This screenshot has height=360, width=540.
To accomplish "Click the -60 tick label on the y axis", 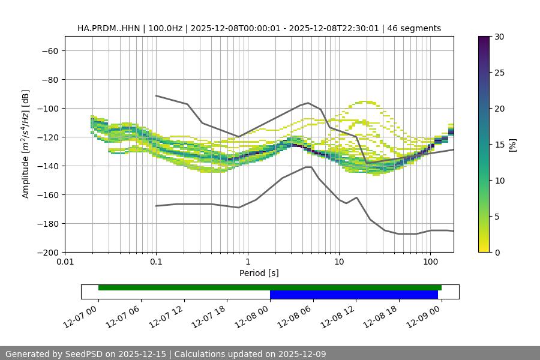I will (49, 50).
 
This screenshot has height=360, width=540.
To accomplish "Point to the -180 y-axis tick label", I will (46, 223).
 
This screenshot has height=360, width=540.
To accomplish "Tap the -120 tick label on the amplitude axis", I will (46, 137).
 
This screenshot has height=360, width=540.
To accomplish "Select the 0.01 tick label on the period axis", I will (65, 262).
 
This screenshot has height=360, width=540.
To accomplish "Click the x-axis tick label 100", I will (430, 262).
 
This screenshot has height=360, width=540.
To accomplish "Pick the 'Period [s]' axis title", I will (259, 273).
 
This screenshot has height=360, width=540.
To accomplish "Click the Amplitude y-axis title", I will (26, 144).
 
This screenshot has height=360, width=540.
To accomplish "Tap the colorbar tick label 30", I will (499, 37).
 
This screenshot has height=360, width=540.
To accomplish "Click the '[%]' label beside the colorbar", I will (512, 145).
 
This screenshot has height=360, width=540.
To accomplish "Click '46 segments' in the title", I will (414, 28).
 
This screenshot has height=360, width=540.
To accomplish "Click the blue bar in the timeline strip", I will (353, 295).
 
